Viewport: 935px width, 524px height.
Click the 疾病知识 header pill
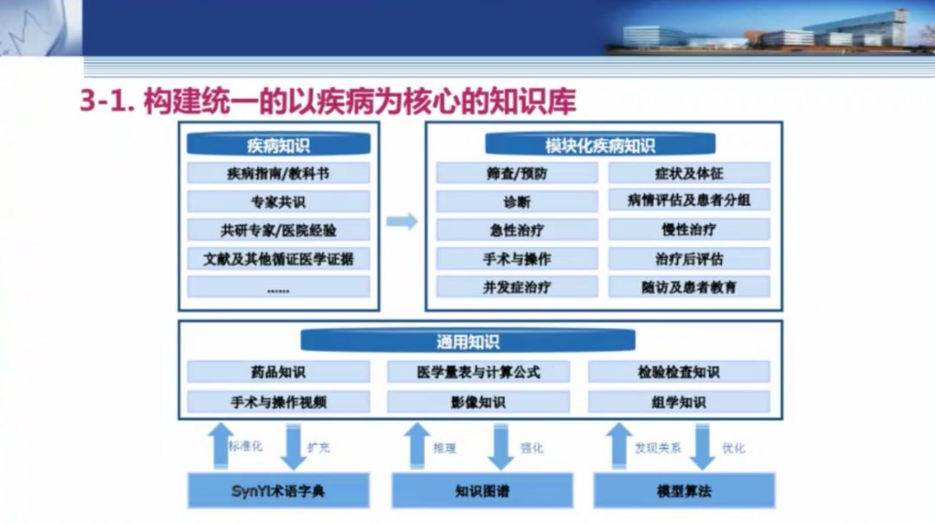(279, 144)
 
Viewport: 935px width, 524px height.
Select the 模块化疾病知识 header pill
(600, 144)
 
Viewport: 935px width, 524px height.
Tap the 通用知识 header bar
(467, 342)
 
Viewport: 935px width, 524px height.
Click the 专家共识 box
(279, 201)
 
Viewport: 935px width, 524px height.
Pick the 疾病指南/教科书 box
(279, 173)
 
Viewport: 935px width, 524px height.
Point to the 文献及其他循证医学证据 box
(279, 259)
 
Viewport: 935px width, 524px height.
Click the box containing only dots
(279, 287)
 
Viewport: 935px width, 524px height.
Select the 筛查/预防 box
(516, 173)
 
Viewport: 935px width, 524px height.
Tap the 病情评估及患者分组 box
(689, 200)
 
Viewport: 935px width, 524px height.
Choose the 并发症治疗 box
(516, 287)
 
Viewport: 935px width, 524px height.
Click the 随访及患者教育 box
(689, 287)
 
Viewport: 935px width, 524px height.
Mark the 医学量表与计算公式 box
(478, 372)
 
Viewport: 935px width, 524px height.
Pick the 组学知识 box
(679, 403)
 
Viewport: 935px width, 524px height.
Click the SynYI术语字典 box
(279, 490)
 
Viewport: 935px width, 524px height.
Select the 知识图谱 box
(482, 490)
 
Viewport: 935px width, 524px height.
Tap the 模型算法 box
(684, 490)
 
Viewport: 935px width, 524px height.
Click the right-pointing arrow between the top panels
(402, 221)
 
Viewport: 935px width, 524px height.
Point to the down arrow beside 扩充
(293, 446)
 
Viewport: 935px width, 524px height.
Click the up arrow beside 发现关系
(619, 446)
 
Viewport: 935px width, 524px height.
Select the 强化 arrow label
(532, 448)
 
